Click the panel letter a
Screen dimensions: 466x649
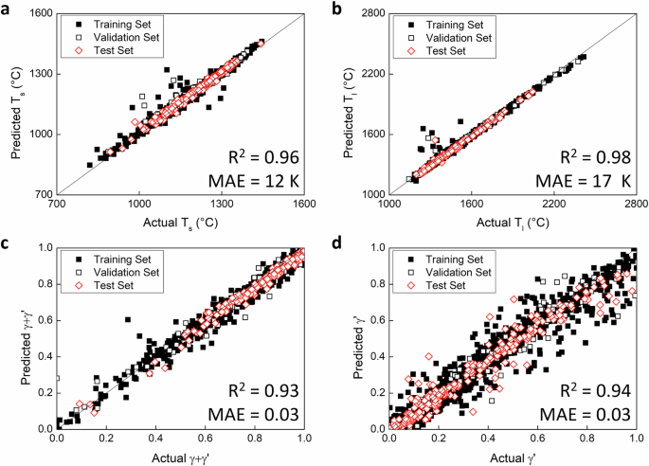click(x=8, y=9)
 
